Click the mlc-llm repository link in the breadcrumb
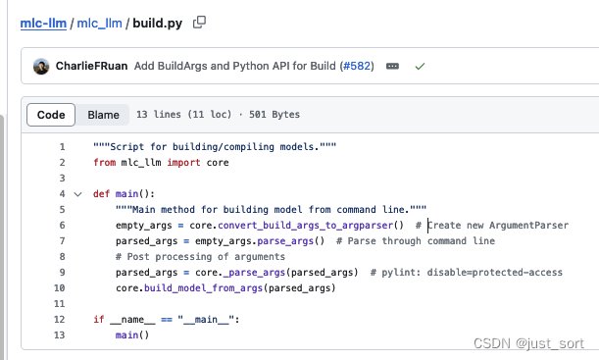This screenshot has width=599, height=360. pos(43,24)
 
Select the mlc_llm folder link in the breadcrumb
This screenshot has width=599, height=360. pos(99,24)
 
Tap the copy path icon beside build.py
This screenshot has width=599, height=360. pos(199,23)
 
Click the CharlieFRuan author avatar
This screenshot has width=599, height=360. pos(41,66)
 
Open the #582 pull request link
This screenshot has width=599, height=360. pos(357,66)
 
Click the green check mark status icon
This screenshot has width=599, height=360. pos(420,67)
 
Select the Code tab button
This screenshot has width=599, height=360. pos(51,115)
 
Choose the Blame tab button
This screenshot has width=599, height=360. pos(103,115)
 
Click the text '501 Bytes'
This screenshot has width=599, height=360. pos(275,114)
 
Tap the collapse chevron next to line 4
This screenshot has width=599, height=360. pos(77,194)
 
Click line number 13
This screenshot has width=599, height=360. pos(59,335)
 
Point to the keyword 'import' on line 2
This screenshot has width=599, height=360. pos(183,163)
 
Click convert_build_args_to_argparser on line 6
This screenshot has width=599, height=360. pos(305,226)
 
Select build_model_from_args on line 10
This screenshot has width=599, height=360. pos(203,288)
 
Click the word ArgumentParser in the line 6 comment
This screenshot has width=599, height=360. pos(528,225)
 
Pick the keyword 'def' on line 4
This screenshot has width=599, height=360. pos(101,194)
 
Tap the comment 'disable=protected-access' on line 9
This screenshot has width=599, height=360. pos(495,272)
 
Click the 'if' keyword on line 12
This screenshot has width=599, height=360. pos(99,319)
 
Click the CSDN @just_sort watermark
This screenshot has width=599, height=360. pos(528,343)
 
